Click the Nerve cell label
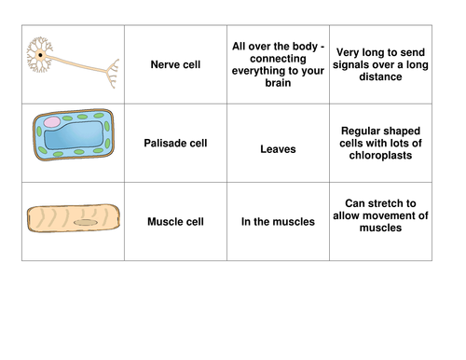tap(176, 64)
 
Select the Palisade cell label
tap(176, 144)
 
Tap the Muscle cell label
tap(176, 222)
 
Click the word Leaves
tap(277, 147)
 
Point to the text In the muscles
tap(277, 222)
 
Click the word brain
tap(277, 83)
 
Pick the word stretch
tap(390, 202)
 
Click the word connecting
tap(277, 57)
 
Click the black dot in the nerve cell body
tap(40, 57)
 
